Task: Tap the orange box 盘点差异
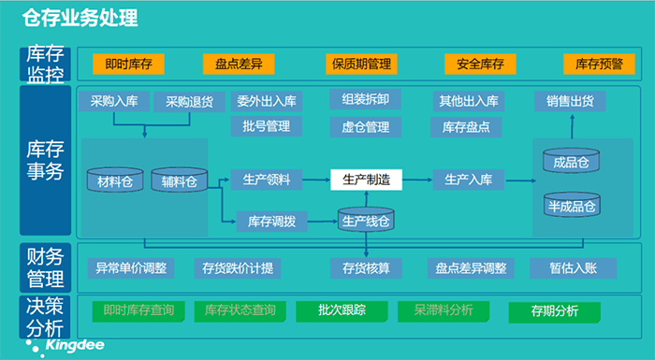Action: [x=239, y=65]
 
